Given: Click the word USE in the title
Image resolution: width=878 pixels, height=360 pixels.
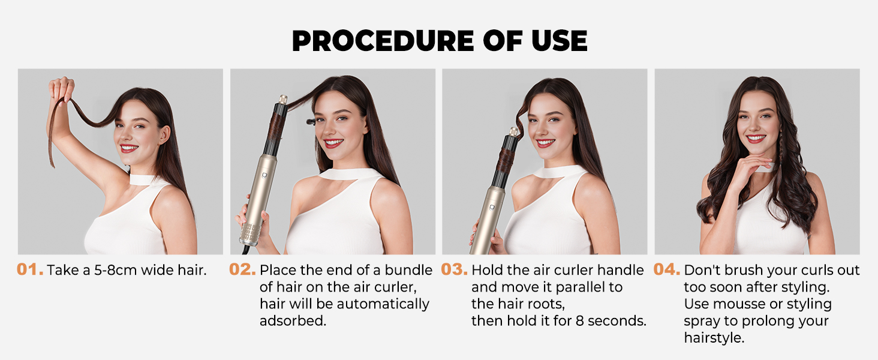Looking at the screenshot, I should tap(555, 41).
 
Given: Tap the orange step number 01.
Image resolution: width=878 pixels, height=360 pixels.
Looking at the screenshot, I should tap(30, 270).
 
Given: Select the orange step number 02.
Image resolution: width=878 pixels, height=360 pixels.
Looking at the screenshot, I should tap(242, 270).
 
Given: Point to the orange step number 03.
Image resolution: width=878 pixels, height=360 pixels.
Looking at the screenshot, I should tap(454, 270).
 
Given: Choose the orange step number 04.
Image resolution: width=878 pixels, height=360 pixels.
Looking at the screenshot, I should tap(666, 270).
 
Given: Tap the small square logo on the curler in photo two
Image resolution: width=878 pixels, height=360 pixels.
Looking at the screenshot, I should tap(264, 176).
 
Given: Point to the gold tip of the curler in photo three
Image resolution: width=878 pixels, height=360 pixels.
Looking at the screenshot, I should tap(514, 131).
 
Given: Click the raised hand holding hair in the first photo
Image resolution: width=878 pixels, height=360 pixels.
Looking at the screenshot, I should tap(61, 90).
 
